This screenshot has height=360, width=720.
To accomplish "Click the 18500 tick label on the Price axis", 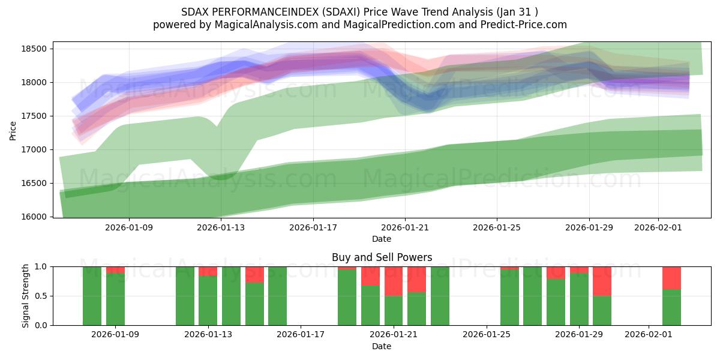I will click(x=35, y=49).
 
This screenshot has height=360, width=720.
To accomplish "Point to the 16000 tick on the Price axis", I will click(x=35, y=217).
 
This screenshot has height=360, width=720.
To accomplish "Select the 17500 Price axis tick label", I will click(x=35, y=116).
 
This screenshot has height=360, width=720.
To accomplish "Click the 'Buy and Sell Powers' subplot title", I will click(x=382, y=257).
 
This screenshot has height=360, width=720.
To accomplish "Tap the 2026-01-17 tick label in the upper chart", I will click(x=313, y=227).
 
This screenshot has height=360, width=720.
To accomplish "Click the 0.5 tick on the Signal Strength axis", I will click(x=41, y=296).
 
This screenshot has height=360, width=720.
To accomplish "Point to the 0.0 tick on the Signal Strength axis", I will click(x=41, y=325).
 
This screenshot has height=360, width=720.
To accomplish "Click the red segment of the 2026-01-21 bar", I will click(x=394, y=281).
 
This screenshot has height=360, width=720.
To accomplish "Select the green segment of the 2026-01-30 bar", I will click(x=602, y=310).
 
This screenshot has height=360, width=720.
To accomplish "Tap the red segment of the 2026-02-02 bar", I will click(x=671, y=278).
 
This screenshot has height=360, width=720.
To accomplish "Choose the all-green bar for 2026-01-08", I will click(x=92, y=296).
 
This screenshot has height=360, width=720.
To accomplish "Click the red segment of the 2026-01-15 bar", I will click(x=254, y=274).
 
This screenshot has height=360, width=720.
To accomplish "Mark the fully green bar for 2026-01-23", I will click(x=440, y=296).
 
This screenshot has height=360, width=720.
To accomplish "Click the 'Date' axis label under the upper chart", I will click(x=382, y=239).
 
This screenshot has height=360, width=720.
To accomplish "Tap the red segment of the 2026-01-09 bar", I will click(x=115, y=269).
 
